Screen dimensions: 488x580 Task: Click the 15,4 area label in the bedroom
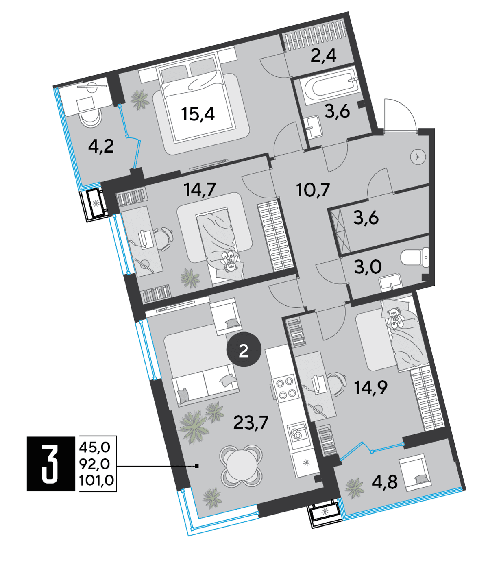click(198, 114)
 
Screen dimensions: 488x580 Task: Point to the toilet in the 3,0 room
click(414, 258)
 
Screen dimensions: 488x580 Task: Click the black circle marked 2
click(244, 351)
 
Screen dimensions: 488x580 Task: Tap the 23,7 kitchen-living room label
click(251, 423)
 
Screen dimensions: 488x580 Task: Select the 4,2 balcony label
click(101, 146)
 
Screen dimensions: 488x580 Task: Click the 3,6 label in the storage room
click(366, 218)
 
